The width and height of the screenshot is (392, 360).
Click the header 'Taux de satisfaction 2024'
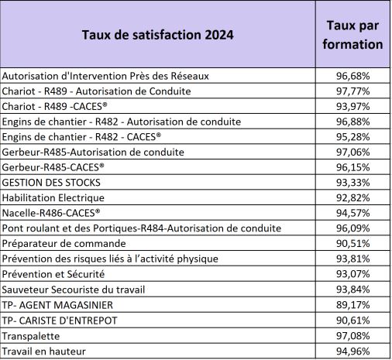pos(157,35)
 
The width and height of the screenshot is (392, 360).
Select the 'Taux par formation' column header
pos(352,35)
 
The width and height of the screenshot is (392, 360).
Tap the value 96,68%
pos(352,76)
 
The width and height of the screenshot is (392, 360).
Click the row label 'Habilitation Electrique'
pos(53,197)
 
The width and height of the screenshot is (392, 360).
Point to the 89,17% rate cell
pos(352,305)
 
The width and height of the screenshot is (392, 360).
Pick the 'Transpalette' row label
pos(31,336)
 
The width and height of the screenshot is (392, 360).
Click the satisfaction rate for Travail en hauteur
pos(352,351)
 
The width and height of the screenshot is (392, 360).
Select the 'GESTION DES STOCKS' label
pos(51,183)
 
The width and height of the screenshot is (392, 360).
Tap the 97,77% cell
pos(352,91)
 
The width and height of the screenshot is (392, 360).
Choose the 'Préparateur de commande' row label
pos(64,243)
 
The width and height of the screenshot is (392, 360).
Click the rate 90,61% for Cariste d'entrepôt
pos(352,321)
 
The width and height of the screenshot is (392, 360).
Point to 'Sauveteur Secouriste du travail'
pos(74,290)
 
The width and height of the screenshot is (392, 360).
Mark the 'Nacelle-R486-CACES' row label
pos(51,213)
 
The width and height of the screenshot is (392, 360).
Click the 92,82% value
pos(352,197)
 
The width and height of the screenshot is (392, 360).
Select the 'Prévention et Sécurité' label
pos(53,274)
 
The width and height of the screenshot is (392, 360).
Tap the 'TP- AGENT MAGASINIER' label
pos(57,305)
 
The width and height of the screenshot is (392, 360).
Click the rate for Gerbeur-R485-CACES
pos(352,167)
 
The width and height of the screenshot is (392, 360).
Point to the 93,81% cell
pos(352,259)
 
